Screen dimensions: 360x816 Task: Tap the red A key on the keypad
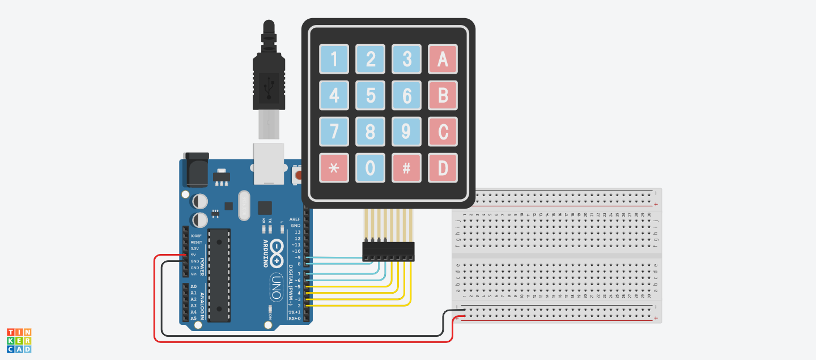tap(443, 59)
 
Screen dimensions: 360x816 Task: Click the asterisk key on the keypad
tap(334, 168)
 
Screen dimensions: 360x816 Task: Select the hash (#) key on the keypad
tap(406, 168)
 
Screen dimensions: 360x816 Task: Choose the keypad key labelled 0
tap(370, 168)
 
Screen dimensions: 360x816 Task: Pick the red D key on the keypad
tap(443, 168)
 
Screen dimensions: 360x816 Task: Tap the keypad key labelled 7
tap(334, 132)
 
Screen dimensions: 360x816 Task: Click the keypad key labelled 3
tap(406, 59)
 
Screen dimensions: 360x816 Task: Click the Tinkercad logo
tap(19, 340)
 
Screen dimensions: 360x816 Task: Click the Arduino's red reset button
tap(296, 175)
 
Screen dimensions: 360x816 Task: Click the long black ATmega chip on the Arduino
tap(219, 275)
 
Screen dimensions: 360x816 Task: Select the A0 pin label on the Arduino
tap(194, 286)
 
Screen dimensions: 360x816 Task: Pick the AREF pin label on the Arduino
tap(295, 219)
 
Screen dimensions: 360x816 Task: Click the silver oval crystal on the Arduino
tap(244, 205)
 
